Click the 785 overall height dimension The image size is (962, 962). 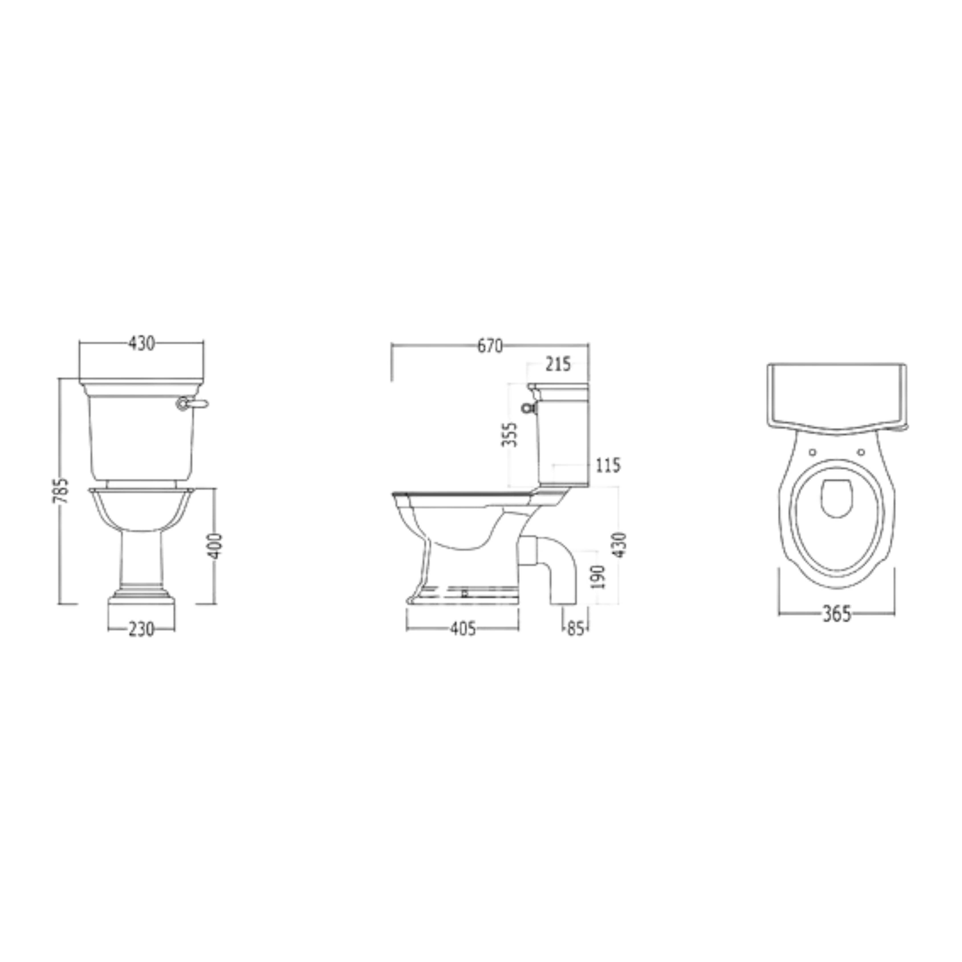[61, 491]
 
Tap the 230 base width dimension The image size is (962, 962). [141, 629]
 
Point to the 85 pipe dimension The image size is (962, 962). [575, 629]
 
